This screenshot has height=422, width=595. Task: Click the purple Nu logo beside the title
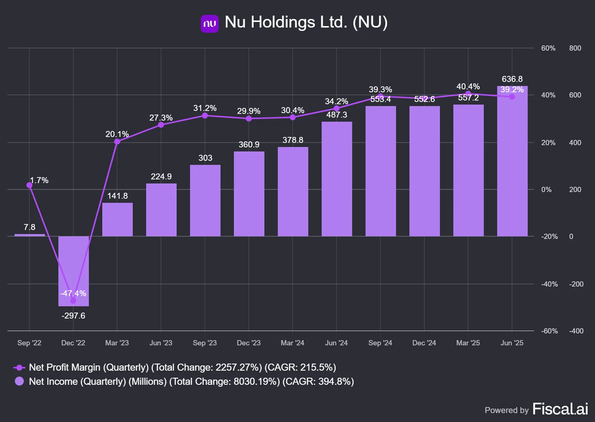[x=210, y=24]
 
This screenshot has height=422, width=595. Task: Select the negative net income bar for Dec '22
[x=74, y=271]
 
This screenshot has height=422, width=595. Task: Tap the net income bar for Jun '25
[x=512, y=161]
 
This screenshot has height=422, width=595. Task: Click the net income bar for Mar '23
[x=118, y=220]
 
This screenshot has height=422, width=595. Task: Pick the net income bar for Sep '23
[x=205, y=200]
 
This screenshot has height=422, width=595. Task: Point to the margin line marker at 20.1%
[x=117, y=142]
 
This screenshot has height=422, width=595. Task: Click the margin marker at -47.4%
[x=73, y=301]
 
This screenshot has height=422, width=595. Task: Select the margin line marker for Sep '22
[x=29, y=185]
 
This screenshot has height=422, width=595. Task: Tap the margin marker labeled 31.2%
[x=205, y=116]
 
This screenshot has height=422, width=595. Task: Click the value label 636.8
[x=512, y=79]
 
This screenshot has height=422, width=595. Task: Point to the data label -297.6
[x=73, y=316]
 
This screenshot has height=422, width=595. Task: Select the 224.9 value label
[x=161, y=176]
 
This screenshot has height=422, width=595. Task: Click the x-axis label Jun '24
[x=336, y=343]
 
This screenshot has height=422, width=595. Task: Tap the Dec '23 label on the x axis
[x=249, y=343]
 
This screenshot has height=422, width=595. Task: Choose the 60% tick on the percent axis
[x=548, y=48]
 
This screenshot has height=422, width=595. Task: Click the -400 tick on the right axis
[x=576, y=331]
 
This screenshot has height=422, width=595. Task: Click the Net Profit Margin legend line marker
[x=19, y=368]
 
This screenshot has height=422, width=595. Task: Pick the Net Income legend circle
[x=19, y=381]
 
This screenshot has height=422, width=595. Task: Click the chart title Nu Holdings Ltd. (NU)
[x=306, y=22]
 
